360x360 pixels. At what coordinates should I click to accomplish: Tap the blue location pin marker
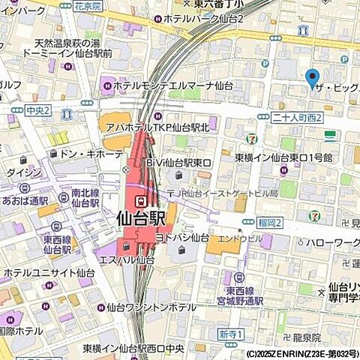313,77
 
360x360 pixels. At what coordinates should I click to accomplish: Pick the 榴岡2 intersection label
268,223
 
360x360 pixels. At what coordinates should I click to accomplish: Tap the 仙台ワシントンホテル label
153,306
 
